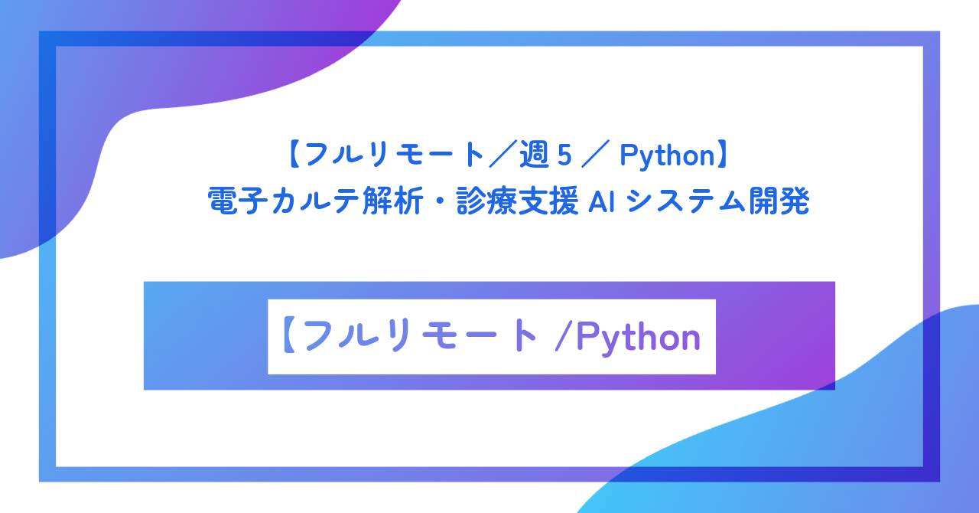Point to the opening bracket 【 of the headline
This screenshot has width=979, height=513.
[x=294, y=156]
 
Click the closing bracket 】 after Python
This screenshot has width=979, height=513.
[x=723, y=156]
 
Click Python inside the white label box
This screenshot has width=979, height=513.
[x=638, y=337]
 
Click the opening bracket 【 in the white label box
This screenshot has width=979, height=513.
[x=289, y=337]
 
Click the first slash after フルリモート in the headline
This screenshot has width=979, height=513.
[x=500, y=156]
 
